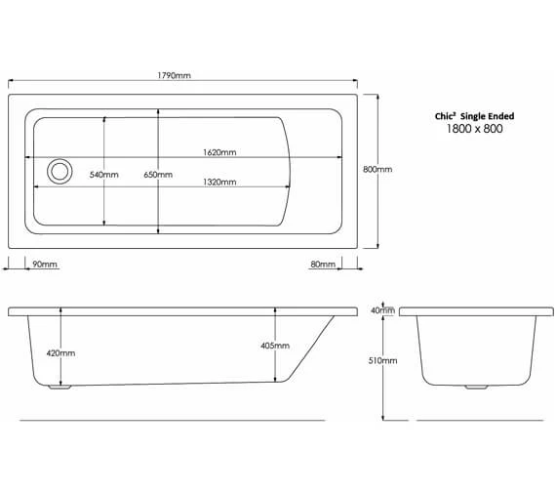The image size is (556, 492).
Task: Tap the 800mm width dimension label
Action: point(377,169)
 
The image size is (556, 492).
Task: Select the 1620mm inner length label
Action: point(219,152)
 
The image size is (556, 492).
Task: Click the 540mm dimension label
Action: point(103,175)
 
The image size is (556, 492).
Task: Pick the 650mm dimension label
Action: point(157,175)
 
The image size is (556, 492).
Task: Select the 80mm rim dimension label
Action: point(323,265)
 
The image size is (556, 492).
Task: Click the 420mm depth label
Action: point(60,352)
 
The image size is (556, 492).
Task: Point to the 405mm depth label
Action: point(275,346)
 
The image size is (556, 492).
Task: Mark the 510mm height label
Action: point(383,360)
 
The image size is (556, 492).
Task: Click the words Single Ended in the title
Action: point(489,116)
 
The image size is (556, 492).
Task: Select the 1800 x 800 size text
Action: point(474,130)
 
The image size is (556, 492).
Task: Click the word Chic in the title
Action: point(445,116)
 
